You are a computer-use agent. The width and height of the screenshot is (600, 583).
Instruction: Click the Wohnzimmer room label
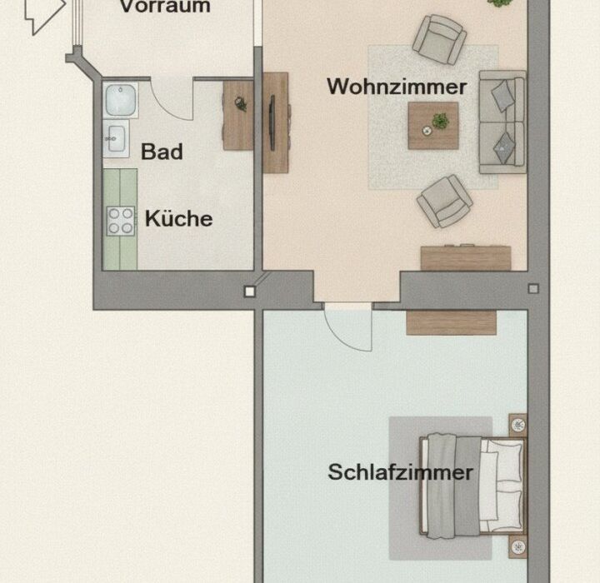397,87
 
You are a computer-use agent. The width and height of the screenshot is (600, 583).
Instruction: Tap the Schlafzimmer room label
400,471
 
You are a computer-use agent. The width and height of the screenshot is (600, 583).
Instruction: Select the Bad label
162,152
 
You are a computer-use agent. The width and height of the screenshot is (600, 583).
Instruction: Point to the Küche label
178,218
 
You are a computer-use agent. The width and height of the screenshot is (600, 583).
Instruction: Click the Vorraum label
165,7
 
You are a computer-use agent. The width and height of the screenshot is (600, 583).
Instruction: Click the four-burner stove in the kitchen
121,221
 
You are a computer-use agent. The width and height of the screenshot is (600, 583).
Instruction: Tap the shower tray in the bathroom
121,100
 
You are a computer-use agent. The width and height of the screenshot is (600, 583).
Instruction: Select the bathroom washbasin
117,138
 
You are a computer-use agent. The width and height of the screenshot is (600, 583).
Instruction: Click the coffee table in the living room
433,126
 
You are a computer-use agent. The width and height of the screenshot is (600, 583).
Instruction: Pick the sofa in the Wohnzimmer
502,122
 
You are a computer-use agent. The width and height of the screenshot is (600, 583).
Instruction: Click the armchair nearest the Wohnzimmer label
440,39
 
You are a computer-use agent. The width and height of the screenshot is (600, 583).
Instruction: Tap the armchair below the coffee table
445,202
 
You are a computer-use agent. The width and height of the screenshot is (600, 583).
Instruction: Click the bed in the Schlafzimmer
473,486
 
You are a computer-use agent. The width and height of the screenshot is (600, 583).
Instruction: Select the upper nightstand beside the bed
517,424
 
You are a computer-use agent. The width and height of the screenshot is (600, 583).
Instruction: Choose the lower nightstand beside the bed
517,546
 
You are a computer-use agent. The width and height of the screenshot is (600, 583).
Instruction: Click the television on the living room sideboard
272,122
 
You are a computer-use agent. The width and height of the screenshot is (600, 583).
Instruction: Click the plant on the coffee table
441,121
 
